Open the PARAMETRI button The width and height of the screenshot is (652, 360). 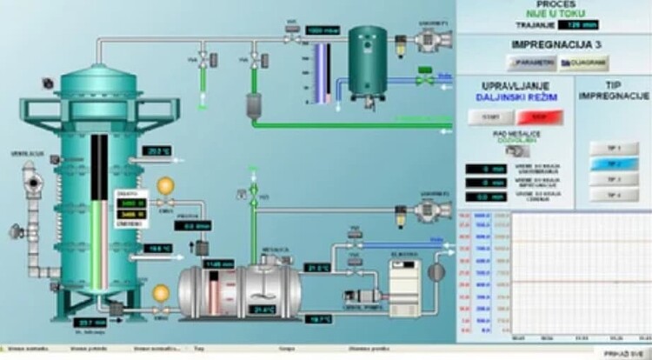point(529,63)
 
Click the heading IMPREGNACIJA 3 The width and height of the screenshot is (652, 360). point(556,43)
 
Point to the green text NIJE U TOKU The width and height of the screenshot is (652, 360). point(555,13)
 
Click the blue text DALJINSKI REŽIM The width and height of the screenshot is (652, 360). point(516,98)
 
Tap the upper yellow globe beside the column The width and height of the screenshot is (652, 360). point(164,186)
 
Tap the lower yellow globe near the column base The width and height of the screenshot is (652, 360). point(160,293)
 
